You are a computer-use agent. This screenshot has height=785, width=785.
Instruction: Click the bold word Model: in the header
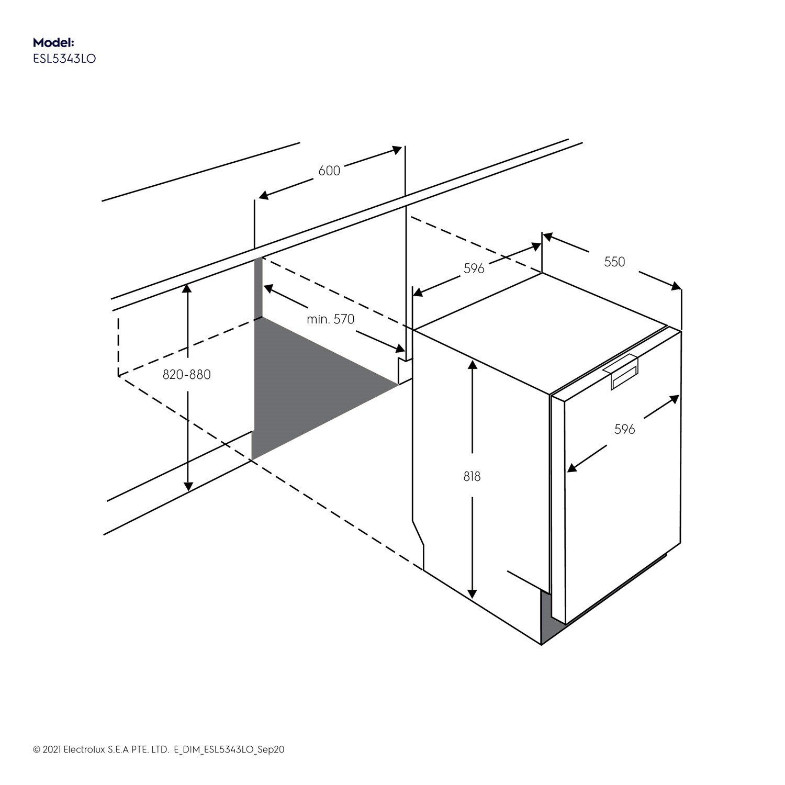coord(54,42)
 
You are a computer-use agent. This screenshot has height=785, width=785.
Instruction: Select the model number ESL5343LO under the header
coord(64,59)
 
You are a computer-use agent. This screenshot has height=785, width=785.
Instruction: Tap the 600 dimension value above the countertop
coord(329,171)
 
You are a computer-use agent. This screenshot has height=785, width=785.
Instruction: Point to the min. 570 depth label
coord(331,319)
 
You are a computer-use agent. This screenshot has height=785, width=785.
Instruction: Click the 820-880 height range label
coord(187,375)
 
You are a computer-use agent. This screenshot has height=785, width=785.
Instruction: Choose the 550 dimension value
coord(614,262)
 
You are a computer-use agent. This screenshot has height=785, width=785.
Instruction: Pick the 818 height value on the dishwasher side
coord(472,477)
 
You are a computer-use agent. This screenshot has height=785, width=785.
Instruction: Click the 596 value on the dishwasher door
coord(624,430)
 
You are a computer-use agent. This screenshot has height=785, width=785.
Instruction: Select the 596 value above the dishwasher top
coord(474,268)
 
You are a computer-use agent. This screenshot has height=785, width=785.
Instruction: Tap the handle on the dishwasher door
coord(622,372)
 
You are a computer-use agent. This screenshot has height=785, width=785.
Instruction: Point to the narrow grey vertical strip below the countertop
coord(257,288)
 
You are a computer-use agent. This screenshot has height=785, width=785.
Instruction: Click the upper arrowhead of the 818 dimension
coord(472,364)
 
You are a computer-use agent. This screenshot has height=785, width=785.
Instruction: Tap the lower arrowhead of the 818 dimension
coord(472,593)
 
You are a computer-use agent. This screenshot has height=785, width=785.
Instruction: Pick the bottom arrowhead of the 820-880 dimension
coord(187,486)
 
